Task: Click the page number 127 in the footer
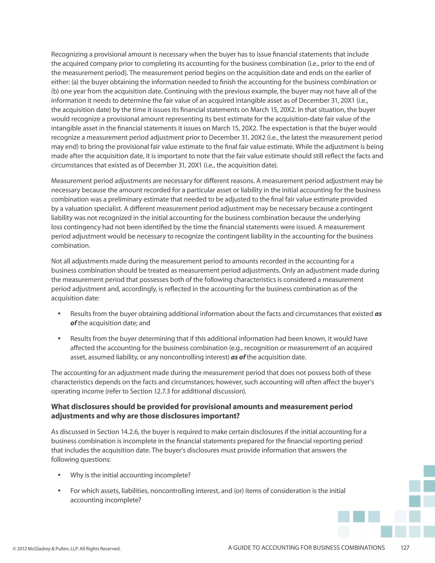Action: click(405, 548)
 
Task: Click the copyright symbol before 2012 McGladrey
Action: click(14, 549)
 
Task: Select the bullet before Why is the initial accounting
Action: click(59, 475)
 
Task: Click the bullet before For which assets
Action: click(59, 491)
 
